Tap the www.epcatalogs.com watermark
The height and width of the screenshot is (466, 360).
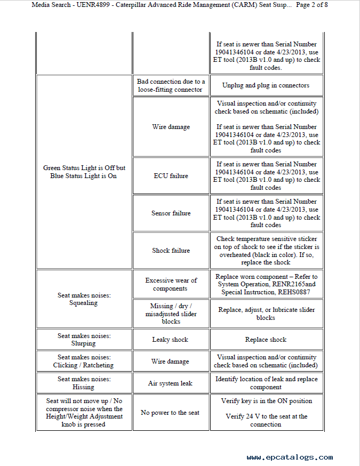pyautogui.click(x=290, y=457)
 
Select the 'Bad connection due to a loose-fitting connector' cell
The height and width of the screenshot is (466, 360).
pyautogui.click(x=171, y=85)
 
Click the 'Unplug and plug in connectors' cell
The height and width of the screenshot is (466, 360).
pyautogui.click(x=266, y=85)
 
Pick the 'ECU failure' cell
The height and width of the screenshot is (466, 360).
pyautogui.click(x=171, y=176)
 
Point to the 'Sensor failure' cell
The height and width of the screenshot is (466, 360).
pyautogui.click(x=171, y=213)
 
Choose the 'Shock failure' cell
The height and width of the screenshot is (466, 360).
pyautogui.click(x=171, y=251)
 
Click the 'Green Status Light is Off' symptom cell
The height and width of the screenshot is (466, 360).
pyautogui.click(x=84, y=172)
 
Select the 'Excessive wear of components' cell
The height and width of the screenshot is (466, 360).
pyautogui.click(x=171, y=284)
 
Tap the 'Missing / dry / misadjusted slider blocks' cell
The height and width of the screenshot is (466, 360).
pyautogui.click(x=171, y=314)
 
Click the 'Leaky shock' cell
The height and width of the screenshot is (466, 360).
pyautogui.click(x=171, y=340)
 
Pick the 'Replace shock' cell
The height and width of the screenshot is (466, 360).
pyautogui.click(x=266, y=340)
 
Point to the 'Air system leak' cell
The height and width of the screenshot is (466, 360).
pyautogui.click(x=171, y=383)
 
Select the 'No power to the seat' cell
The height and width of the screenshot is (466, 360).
pyautogui.click(x=171, y=413)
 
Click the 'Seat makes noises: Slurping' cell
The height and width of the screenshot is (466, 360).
pyautogui.click(x=84, y=340)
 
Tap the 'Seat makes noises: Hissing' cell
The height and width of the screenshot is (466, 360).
pyautogui.click(x=84, y=383)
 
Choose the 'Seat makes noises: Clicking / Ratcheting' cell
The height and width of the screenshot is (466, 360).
pyautogui.click(x=84, y=361)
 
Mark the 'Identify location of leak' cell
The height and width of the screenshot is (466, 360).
pyautogui.click(x=266, y=383)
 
